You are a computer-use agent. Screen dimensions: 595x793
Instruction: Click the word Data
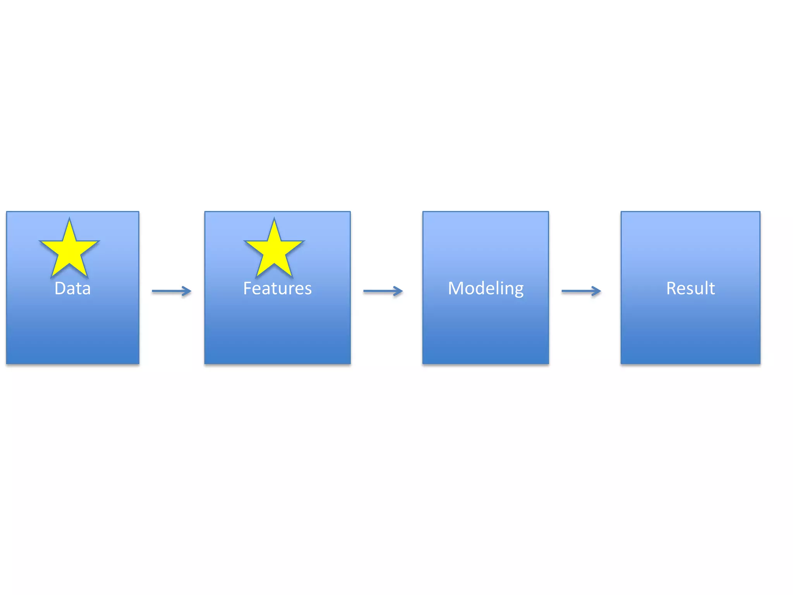click(72, 288)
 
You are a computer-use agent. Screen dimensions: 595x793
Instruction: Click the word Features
click(277, 288)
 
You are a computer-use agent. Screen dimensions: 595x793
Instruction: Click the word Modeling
click(486, 288)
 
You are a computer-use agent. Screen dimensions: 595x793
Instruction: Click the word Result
click(690, 288)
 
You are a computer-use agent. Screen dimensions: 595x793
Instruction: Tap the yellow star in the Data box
click(69, 250)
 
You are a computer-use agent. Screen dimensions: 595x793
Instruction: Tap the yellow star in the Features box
click(274, 250)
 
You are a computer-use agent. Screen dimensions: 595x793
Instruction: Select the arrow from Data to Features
click(171, 291)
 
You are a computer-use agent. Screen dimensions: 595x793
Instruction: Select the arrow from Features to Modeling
click(383, 291)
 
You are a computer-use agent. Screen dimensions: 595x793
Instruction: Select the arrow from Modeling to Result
click(581, 291)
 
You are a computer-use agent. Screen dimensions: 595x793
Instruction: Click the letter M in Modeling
click(456, 288)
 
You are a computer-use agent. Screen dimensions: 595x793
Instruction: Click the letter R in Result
click(671, 288)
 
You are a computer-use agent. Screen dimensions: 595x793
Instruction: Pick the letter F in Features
click(247, 288)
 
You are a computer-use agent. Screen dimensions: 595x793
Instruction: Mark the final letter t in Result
click(712, 288)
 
